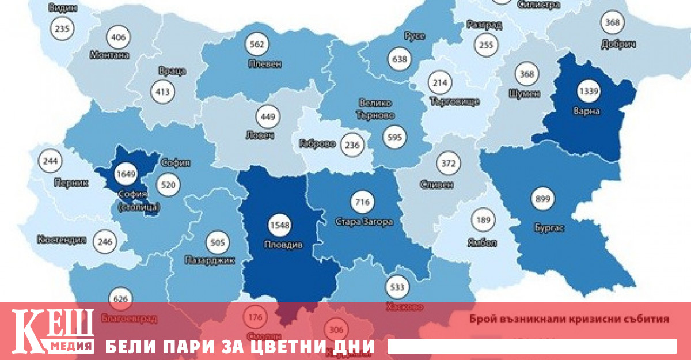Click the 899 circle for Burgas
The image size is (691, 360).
point(543,199)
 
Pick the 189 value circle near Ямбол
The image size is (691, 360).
point(483,220)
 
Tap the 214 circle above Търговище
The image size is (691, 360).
point(439,83)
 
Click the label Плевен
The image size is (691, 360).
point(264,63)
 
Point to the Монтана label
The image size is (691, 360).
point(109,55)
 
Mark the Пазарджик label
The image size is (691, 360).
point(211,260)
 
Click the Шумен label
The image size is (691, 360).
point(524,93)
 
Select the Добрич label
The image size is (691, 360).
point(617,44)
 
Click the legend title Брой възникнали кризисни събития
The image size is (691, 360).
point(569,318)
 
